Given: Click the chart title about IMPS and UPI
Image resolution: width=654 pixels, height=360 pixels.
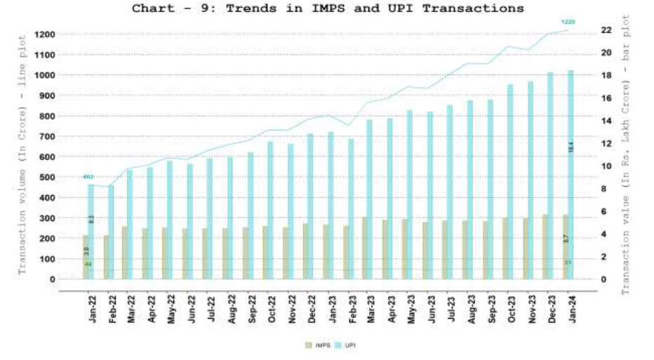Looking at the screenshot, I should (x=327, y=8).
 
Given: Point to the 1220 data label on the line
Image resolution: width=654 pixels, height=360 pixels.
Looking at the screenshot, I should (x=568, y=22).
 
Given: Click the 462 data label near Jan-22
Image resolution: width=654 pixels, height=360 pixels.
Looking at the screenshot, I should (x=88, y=177).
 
